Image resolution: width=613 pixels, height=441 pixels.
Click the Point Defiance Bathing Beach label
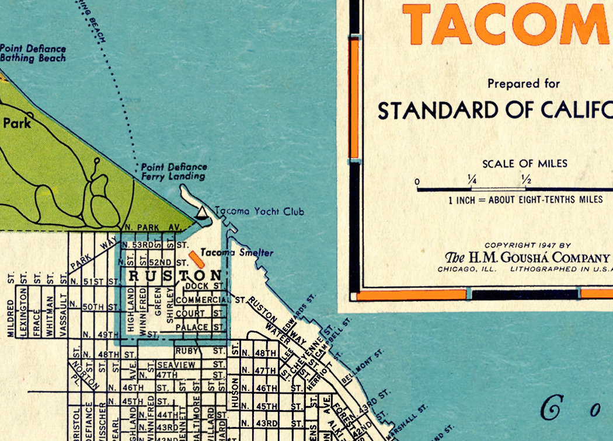33,54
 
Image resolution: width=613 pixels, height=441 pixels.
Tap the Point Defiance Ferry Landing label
173,171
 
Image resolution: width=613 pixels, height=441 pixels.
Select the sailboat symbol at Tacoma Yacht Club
201,213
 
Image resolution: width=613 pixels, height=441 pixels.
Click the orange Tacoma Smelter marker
197,260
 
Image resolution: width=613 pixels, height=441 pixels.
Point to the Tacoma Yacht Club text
259,212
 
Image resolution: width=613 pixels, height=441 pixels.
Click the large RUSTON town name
175,275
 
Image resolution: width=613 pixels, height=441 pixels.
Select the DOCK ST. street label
204,286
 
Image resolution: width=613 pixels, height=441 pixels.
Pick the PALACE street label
192,328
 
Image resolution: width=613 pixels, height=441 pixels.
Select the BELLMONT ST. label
363,367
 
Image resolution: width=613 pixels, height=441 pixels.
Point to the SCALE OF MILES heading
524,164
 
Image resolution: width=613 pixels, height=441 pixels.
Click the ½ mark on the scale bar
525,180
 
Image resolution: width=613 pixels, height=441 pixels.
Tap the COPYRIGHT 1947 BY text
527,246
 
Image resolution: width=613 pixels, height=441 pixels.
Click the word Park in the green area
16,124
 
